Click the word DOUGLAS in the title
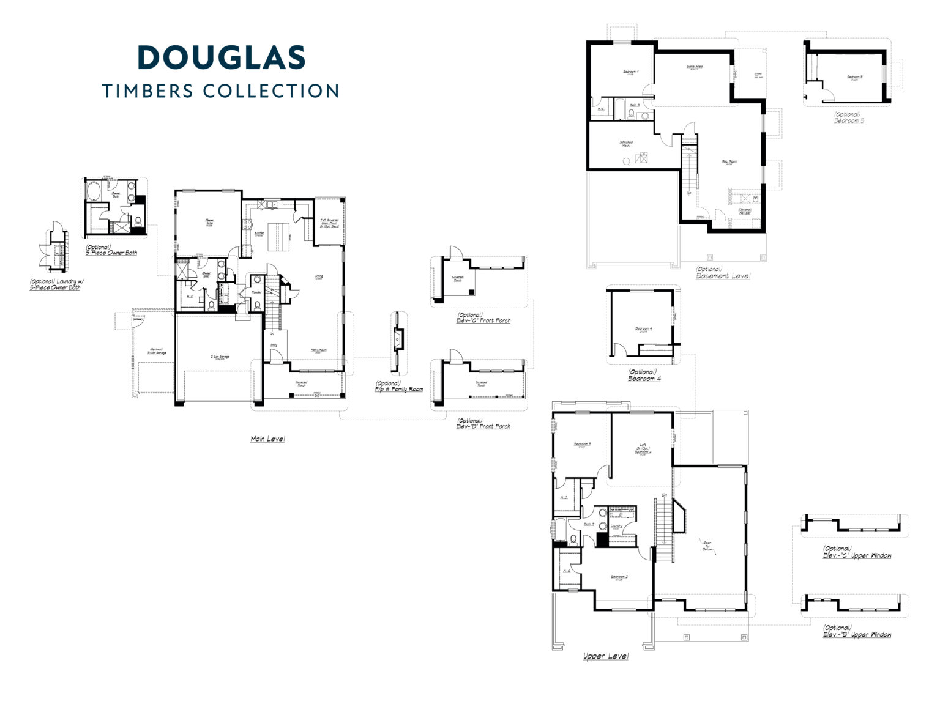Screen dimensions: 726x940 [221, 57]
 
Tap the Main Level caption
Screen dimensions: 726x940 [267, 439]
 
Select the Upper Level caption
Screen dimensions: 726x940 [605, 656]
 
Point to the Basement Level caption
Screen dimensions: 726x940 [723, 276]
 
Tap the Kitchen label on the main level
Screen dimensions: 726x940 [259, 234]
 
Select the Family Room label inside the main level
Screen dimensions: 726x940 [318, 350]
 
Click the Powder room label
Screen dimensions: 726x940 [257, 292]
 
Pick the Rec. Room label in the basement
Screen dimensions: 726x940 [729, 163]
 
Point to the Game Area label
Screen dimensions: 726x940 [694, 67]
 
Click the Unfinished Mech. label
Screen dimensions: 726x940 [626, 144]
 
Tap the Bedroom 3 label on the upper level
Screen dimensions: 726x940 [581, 445]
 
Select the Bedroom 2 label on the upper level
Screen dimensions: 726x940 [619, 577]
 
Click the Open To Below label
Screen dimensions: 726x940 [707, 546]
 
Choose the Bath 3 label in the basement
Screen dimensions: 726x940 [635, 105]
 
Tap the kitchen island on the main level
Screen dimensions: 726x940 [277, 234]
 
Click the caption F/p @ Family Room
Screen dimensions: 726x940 [399, 389]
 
